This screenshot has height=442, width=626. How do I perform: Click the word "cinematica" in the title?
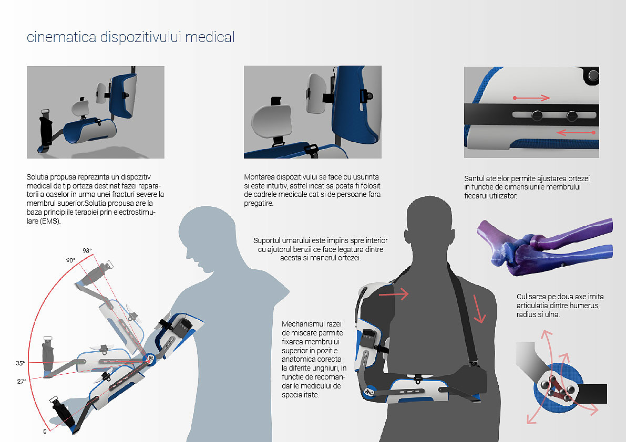61,37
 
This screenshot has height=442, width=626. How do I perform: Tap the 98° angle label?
87,251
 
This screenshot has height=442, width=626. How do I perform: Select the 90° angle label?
70,260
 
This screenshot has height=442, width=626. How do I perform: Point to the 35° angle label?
20,363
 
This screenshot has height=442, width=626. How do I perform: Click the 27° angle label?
22,382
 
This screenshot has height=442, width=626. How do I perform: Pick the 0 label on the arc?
45,432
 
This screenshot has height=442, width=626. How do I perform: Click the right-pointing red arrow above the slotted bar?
532,98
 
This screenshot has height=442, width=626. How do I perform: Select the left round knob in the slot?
537,115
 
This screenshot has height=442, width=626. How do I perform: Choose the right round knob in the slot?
572,115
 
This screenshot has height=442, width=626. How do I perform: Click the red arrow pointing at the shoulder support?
394,294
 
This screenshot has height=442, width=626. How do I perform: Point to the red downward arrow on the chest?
478,309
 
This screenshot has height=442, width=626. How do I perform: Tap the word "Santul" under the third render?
474,178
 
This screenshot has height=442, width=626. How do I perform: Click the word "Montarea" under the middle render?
259,177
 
